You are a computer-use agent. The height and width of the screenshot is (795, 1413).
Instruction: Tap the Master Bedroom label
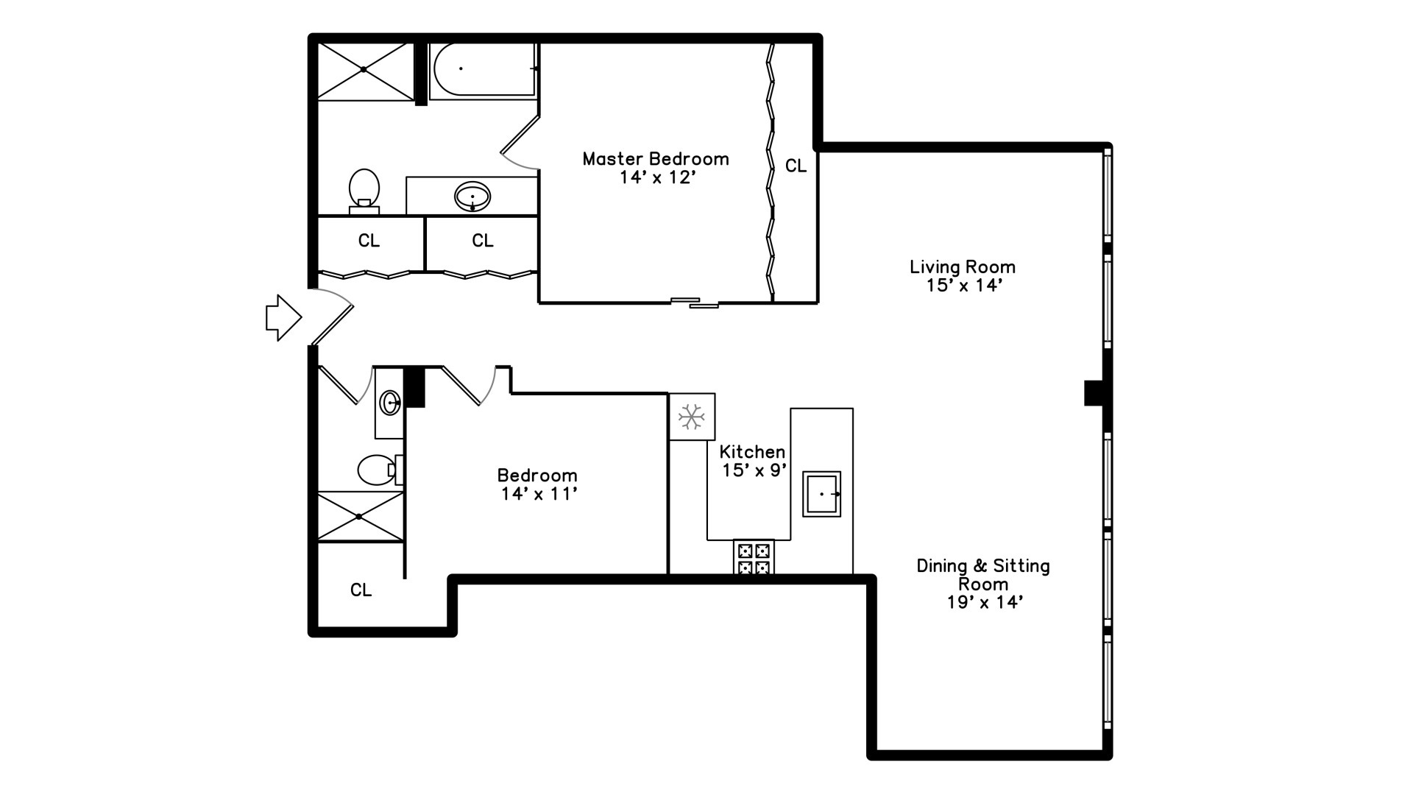pos(655,168)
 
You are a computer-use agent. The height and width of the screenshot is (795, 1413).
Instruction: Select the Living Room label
pos(962,276)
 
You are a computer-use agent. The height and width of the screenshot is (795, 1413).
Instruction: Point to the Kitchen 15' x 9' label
pos(752,461)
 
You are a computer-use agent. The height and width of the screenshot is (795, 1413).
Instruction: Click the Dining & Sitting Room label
pos(982,584)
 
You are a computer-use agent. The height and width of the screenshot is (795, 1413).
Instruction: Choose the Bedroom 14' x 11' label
pos(537,484)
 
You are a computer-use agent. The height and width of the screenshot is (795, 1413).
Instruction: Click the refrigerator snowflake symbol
pos(691,417)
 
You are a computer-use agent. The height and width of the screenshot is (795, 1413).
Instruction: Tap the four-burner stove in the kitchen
pos(754,557)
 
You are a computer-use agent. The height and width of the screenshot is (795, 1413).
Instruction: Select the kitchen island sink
pos(821,494)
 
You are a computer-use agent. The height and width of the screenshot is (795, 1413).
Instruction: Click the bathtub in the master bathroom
pos(483,69)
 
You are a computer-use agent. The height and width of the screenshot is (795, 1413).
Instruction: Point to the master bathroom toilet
pos(364,190)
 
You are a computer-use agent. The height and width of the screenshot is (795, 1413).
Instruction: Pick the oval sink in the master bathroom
pos(472,197)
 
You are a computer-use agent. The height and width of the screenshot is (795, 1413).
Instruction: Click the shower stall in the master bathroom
pos(365,71)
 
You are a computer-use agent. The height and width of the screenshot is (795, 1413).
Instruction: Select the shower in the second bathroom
pos(360,517)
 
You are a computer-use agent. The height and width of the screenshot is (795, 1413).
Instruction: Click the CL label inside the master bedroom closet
pos(796,166)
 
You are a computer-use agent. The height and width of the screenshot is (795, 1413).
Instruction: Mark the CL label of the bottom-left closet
pos(361,590)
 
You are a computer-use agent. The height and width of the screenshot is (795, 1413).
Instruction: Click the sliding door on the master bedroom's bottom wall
pos(695,302)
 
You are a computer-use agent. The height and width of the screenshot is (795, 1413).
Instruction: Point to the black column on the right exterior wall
pos(1094,392)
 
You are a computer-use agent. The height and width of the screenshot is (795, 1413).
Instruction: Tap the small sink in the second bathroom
pos(389,403)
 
